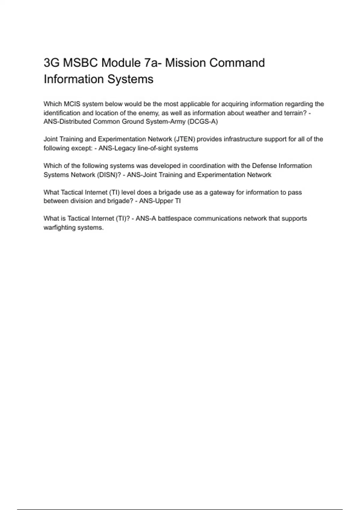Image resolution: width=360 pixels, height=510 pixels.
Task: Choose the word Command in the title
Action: pyautogui.click(x=237, y=63)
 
